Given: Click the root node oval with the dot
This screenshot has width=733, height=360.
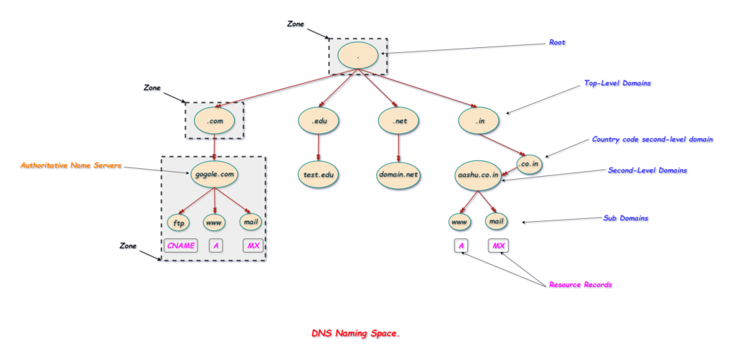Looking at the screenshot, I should pyautogui.click(x=358, y=55).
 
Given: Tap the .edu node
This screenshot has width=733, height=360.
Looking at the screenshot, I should pyautogui.click(x=319, y=121).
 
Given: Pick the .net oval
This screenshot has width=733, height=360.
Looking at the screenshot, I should pyautogui.click(x=399, y=121).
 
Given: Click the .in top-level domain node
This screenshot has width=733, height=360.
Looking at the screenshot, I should pyautogui.click(x=479, y=121).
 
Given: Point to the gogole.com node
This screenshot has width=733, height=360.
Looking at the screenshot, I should pyautogui.click(x=214, y=174).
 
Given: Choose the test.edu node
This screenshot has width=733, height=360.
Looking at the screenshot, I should pyautogui.click(x=319, y=174).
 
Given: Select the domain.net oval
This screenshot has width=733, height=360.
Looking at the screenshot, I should pyautogui.click(x=399, y=174).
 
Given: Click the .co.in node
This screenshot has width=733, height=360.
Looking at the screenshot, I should pyautogui.click(x=529, y=163).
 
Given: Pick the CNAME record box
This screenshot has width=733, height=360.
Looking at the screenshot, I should pyautogui.click(x=180, y=246).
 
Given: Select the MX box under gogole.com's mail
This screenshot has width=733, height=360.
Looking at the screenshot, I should pyautogui.click(x=253, y=246).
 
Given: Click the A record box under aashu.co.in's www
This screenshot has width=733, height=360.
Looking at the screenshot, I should pyautogui.click(x=462, y=246).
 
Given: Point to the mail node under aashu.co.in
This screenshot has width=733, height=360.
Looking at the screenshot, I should pyautogui.click(x=497, y=222).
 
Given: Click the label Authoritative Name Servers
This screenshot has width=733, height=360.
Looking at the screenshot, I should pyautogui.click(x=71, y=165).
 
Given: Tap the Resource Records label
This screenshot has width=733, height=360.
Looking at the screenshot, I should pyautogui.click(x=580, y=285).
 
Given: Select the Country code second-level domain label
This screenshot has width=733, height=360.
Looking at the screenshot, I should pyautogui.click(x=652, y=139).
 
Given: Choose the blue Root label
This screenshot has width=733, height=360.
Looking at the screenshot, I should pyautogui.click(x=556, y=43).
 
